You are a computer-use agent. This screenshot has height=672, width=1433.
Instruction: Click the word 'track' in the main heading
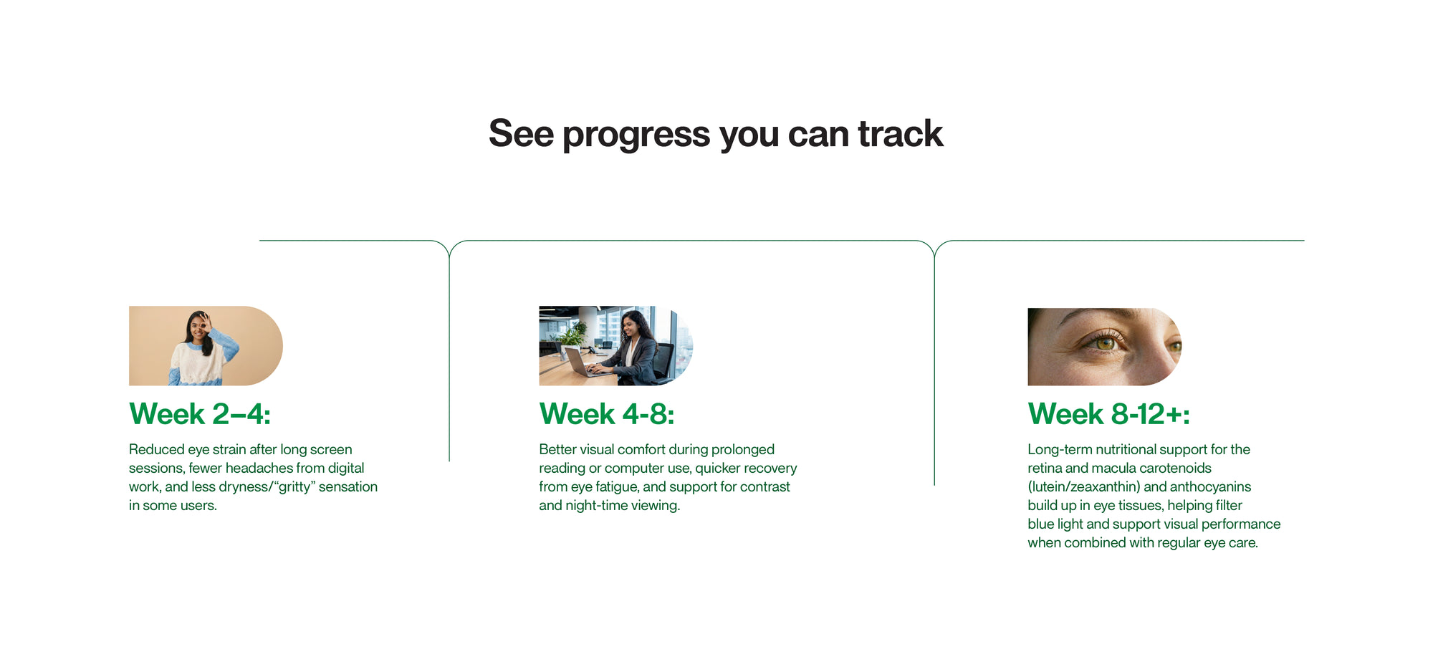point(900,134)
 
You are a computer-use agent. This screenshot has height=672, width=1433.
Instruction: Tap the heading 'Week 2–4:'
point(200,414)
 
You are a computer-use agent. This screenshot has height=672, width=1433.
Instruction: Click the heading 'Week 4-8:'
point(606,414)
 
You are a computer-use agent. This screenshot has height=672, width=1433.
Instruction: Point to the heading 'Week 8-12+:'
point(1108,414)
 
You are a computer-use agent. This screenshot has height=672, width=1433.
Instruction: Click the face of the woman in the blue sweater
point(198,329)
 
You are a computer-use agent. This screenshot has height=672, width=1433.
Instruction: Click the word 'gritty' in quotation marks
point(293,486)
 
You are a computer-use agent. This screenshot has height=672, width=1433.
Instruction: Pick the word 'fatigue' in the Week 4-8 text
point(616,486)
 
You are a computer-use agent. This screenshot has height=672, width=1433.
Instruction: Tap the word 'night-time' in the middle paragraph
point(596,505)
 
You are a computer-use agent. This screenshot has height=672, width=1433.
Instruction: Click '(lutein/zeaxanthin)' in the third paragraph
point(1083,486)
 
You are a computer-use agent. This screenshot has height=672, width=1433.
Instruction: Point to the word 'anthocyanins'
point(1210,486)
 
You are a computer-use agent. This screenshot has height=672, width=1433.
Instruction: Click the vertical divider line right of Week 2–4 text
point(449,358)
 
